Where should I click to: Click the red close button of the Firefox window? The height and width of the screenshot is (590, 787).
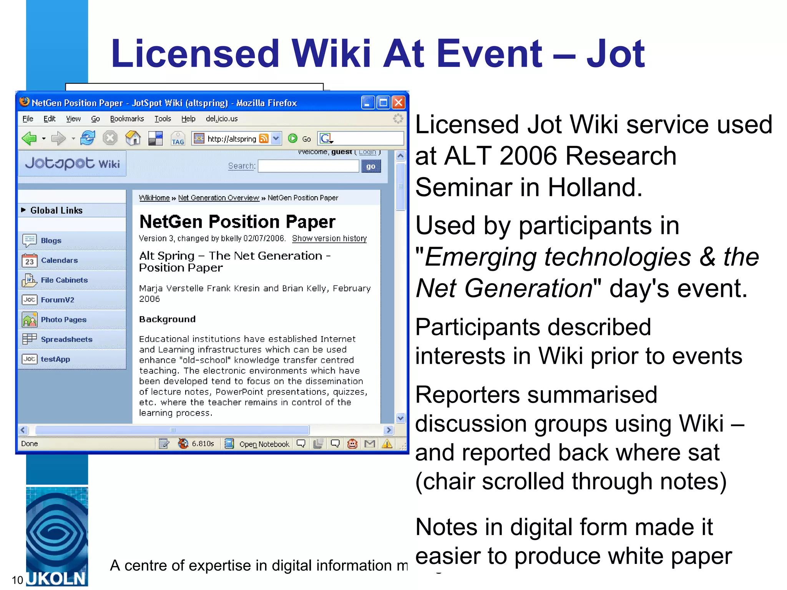click(x=398, y=103)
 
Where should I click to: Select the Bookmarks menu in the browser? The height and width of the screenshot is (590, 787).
click(x=127, y=119)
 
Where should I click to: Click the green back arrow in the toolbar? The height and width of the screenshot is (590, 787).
click(x=29, y=138)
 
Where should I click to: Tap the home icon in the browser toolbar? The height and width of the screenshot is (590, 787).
click(x=133, y=138)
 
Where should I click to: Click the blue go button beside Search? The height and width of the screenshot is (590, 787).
click(x=370, y=166)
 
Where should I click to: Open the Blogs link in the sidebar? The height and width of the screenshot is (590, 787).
click(x=51, y=240)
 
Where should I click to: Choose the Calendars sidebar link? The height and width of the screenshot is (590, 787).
click(x=59, y=260)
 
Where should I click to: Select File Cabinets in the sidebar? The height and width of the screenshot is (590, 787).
click(x=64, y=280)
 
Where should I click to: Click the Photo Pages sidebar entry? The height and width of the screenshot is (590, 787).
click(x=63, y=320)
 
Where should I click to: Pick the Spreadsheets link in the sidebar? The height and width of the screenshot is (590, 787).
click(x=66, y=339)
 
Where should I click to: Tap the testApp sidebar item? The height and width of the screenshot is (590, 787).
click(x=55, y=359)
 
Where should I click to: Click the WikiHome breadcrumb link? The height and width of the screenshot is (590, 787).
click(x=154, y=198)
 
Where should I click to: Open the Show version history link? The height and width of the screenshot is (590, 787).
click(x=329, y=239)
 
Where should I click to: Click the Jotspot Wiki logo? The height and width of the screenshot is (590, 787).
click(x=72, y=164)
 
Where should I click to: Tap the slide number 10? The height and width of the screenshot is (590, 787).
click(x=17, y=580)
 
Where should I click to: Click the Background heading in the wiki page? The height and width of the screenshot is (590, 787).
click(x=167, y=319)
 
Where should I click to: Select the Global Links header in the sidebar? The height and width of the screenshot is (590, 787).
click(x=56, y=210)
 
